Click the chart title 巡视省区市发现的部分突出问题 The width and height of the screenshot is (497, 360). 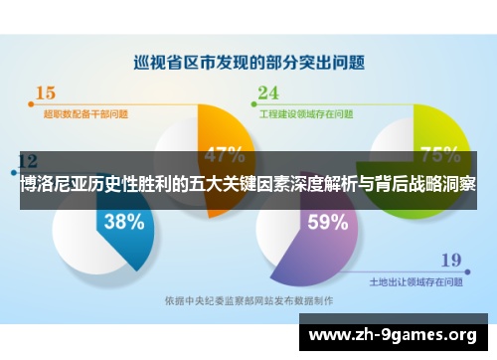pyautogui.click(x=249, y=62)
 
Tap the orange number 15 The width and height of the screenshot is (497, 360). pyautogui.click(x=45, y=93)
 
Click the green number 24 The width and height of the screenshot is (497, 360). pyautogui.click(x=268, y=93)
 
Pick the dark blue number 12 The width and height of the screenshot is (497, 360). pyautogui.click(x=28, y=160)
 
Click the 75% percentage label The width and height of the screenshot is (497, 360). pyautogui.click(x=439, y=155)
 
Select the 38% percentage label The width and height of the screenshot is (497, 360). pyautogui.click(x=124, y=222)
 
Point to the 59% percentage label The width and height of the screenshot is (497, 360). pyautogui.click(x=328, y=223)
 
